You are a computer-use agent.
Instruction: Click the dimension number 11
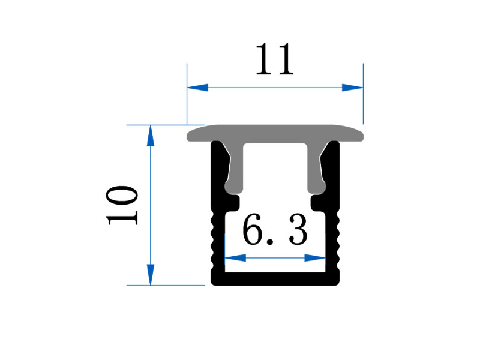275,59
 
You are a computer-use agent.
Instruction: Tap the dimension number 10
122,205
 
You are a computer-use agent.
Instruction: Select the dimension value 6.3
275,230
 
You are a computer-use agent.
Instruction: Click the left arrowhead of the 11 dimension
197,88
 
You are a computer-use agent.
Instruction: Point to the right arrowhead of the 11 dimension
352,88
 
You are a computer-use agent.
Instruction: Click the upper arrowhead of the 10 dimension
151,136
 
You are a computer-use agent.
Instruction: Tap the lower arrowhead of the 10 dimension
151,275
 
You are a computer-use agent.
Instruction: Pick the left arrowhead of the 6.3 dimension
235,258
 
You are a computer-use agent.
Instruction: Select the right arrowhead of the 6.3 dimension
315,258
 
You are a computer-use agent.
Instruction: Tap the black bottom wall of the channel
275,279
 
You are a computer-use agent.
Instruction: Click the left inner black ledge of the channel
233,203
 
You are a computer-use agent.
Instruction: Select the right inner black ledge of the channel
318,203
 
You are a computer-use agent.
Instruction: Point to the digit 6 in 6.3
253,230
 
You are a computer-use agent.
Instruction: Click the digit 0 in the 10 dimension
122,196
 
